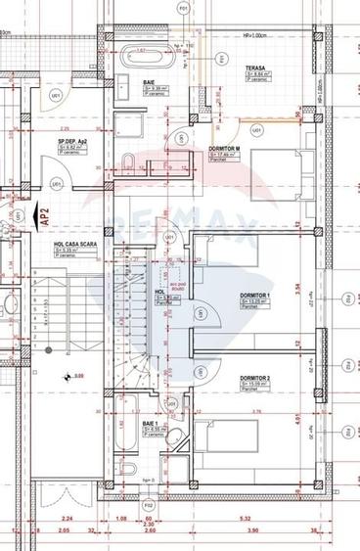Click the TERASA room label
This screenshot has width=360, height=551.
pos(257,69)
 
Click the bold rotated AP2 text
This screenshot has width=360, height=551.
pos(44,214)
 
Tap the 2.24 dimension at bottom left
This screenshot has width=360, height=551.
pos(66,520)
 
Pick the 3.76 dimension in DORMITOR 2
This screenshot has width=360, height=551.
pos(256,411)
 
